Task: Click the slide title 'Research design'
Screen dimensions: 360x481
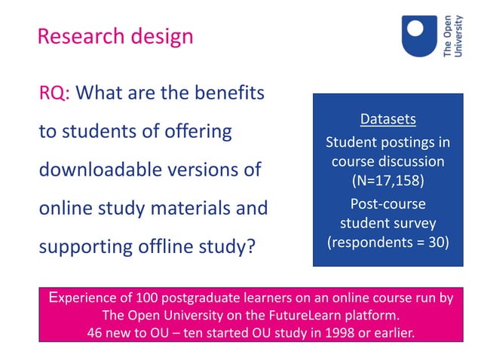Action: coord(115,36)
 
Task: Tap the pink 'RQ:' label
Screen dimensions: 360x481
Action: coord(54,93)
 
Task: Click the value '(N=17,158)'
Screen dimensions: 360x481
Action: coord(388,181)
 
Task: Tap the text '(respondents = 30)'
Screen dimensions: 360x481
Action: coord(388,242)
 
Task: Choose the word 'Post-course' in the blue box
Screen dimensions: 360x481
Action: coord(388,204)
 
